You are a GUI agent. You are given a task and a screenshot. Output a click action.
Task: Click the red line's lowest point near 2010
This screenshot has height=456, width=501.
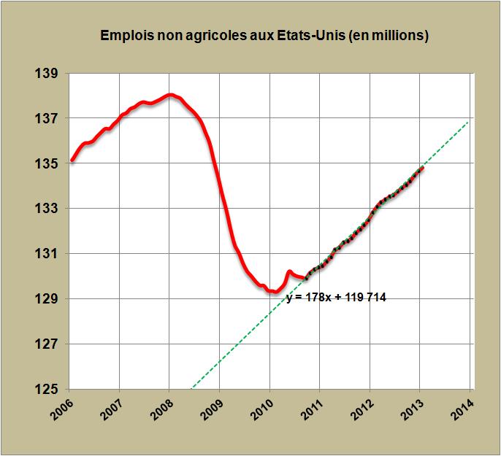pyautogui.click(x=275, y=292)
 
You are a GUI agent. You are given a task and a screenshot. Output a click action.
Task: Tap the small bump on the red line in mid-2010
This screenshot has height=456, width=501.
pyautogui.click(x=290, y=271)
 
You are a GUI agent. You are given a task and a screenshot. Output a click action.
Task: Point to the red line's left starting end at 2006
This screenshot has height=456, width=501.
pyautogui.click(x=72, y=160)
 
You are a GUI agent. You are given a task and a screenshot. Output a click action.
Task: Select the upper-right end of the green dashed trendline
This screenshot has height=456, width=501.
pyautogui.click(x=468, y=122)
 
